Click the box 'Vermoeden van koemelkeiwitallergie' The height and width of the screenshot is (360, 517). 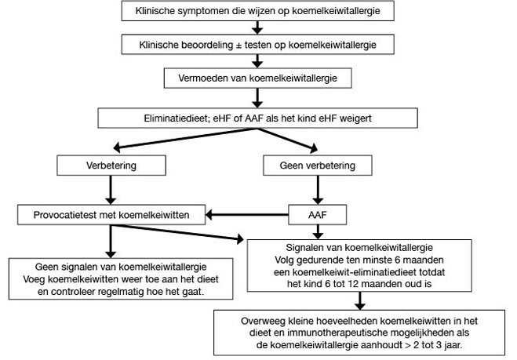[x=258, y=78]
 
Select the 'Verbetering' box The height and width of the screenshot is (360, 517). [x=111, y=165]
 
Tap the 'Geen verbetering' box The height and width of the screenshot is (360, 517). [x=318, y=165]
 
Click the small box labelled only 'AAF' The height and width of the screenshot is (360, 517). [x=318, y=215]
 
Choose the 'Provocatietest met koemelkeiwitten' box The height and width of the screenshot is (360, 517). [x=111, y=215]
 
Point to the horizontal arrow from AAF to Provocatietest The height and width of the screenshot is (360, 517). [x=247, y=215]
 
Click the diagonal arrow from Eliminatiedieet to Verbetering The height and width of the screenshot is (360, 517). [x=184, y=138]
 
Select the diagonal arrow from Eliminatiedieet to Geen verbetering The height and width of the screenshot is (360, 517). [x=287, y=140]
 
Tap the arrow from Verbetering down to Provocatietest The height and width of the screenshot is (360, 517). [x=111, y=191]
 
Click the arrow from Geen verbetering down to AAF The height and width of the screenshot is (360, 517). [x=318, y=191]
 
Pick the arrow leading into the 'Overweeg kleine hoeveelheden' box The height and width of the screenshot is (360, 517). [x=360, y=300]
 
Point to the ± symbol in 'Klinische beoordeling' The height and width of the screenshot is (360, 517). [x=238, y=45]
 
